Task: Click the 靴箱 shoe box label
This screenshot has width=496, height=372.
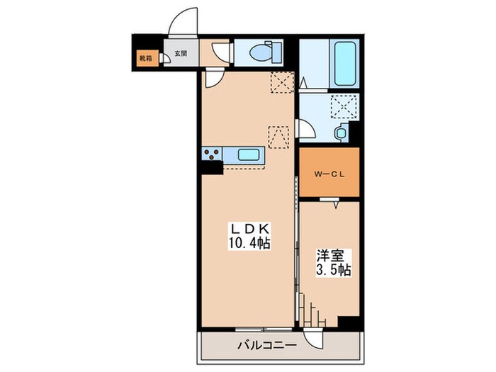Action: pos(145,58)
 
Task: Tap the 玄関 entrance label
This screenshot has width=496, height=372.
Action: pos(181,53)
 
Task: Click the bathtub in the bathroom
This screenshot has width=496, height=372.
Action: pos(345,63)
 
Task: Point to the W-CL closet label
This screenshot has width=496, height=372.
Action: pos(329,174)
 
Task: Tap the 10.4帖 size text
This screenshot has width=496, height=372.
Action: pos(249,243)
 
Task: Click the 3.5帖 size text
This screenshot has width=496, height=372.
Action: pos(334,270)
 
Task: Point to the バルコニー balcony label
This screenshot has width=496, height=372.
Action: pos(267,345)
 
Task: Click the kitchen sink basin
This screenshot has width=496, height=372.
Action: pos(249,154)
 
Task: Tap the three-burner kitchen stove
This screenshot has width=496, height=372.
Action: pos(212,154)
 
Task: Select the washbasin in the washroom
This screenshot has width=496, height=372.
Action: pos(341,133)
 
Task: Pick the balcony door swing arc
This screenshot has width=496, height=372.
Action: pos(313,339)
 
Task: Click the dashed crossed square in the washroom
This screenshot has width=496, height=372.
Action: pos(345,106)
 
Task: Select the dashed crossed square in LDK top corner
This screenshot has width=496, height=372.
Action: pos(282,82)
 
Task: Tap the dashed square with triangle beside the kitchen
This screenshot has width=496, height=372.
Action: pos(278,137)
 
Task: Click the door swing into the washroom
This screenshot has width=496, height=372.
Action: pos(305,128)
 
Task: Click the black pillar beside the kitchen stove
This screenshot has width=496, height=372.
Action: pos(212,168)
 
